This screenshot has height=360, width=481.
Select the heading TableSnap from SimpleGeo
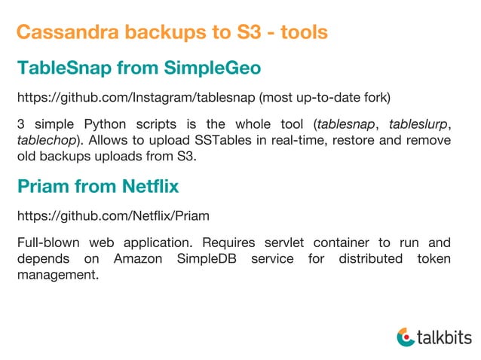(139, 69)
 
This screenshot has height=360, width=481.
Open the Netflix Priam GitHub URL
(113, 215)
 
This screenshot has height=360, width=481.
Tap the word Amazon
(138, 259)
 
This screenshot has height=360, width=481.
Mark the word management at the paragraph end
(57, 276)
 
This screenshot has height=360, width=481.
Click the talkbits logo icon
(405, 337)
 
